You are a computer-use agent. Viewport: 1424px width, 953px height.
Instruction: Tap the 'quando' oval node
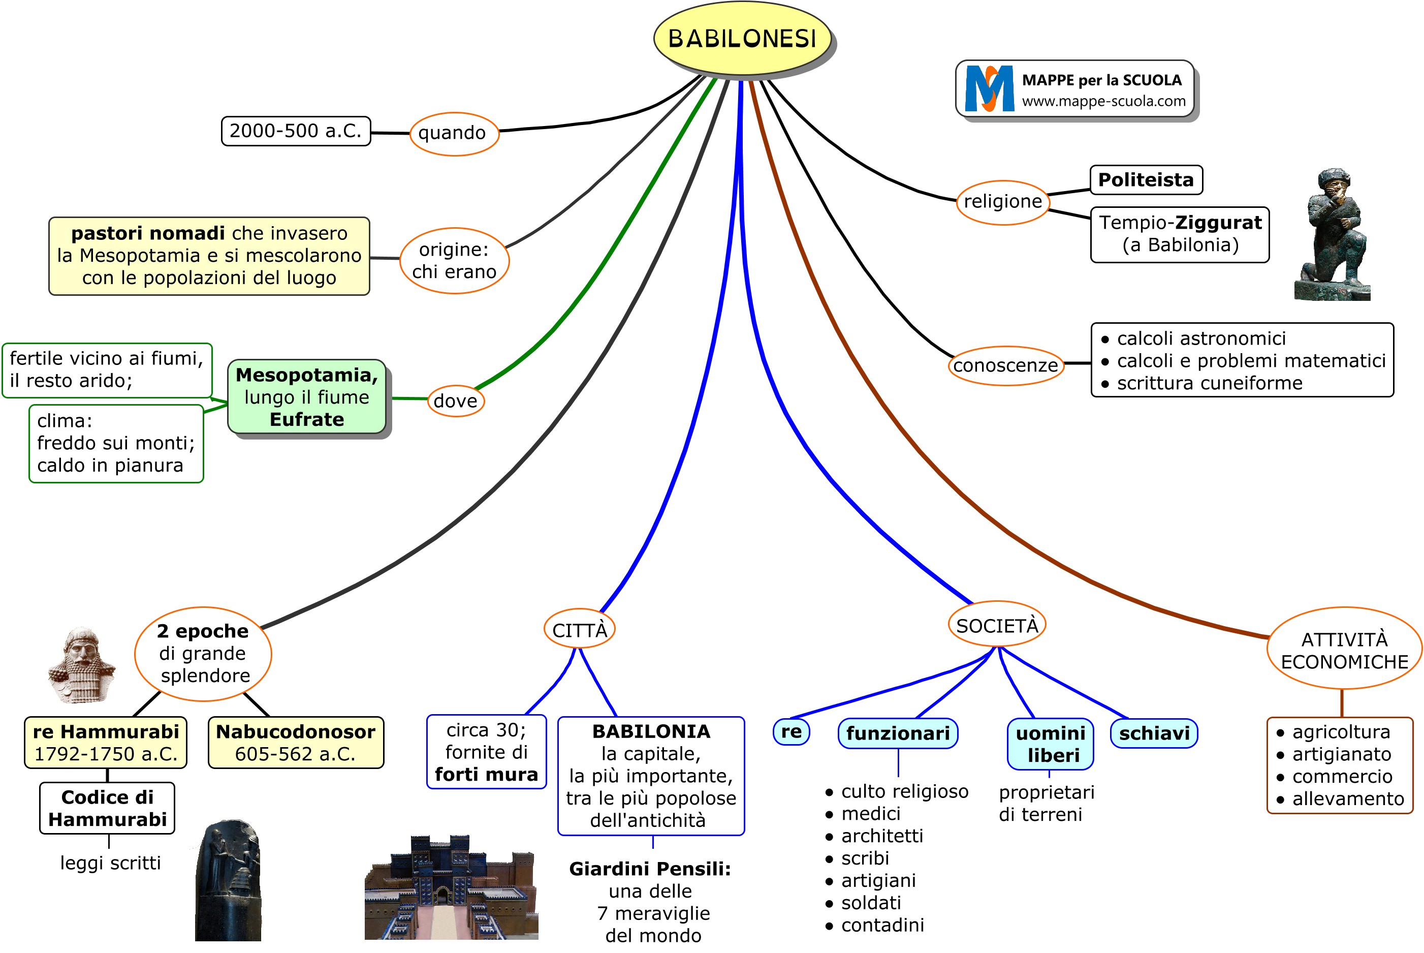pyautogui.click(x=454, y=133)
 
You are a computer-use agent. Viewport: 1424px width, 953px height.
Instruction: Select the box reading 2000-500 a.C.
pyautogui.click(x=295, y=131)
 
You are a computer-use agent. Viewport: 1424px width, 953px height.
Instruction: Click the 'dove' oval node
pyautogui.click(x=456, y=401)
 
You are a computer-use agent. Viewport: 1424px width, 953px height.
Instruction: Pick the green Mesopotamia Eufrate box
pyautogui.click(x=307, y=397)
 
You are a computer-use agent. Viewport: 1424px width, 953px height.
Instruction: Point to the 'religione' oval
pyautogui.click(x=1002, y=202)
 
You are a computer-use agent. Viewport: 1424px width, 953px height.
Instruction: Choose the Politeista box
pyautogui.click(x=1146, y=180)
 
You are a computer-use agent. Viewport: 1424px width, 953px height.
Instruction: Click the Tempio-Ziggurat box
pyautogui.click(x=1180, y=234)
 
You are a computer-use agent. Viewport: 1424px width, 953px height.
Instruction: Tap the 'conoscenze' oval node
pyautogui.click(x=1005, y=365)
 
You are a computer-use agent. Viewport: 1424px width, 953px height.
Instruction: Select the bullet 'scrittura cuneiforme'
pyautogui.click(x=1209, y=383)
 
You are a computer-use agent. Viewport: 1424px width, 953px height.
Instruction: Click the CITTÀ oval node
pyautogui.click(x=580, y=630)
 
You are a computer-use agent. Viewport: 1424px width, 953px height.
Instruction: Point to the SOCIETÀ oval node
pyautogui.click(x=997, y=625)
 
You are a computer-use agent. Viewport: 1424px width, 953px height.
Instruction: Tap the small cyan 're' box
pyautogui.click(x=791, y=731)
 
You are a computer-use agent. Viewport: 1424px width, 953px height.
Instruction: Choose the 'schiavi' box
pyautogui.click(x=1154, y=733)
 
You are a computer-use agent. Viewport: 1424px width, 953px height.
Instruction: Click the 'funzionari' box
pyautogui.click(x=898, y=733)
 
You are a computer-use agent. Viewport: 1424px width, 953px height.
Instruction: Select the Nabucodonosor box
pyautogui.click(x=296, y=742)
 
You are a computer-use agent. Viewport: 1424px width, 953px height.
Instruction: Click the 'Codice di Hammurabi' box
pyautogui.click(x=108, y=808)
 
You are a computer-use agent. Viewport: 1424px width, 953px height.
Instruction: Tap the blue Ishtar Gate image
pyautogui.click(x=451, y=889)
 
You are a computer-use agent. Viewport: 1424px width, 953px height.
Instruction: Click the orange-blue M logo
pyautogui.click(x=989, y=89)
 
